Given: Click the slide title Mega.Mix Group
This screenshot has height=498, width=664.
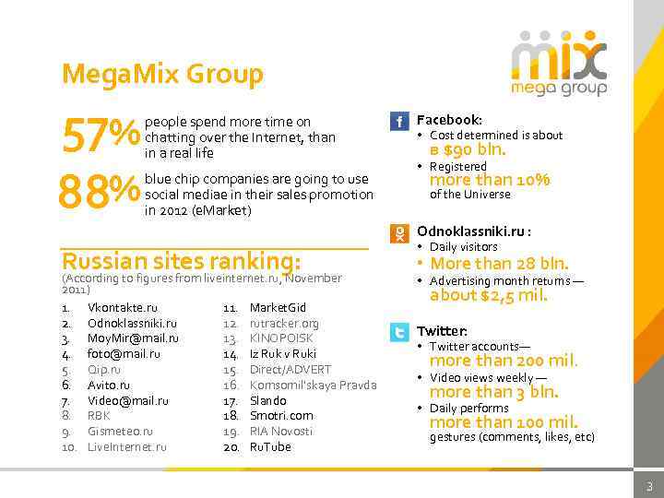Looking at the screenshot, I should (162, 73).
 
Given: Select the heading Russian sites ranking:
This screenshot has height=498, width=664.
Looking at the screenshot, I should (181, 260).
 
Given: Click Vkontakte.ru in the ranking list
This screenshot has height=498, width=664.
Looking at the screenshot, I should (123, 308).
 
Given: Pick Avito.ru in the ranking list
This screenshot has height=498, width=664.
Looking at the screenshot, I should (109, 385).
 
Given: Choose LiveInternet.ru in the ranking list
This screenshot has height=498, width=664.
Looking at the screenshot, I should (127, 447).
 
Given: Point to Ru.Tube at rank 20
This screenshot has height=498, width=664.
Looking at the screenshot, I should (270, 447).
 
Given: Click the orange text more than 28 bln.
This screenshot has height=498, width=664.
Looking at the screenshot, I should (499, 264).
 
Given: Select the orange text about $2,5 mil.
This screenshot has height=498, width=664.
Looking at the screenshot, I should (489, 296).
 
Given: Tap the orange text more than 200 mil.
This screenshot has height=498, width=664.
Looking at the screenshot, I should (504, 361).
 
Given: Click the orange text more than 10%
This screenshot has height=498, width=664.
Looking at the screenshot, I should (490, 180).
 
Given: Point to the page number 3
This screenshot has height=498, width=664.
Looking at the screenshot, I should (648, 486).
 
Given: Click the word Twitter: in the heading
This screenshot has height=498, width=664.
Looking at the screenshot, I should (443, 331).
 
